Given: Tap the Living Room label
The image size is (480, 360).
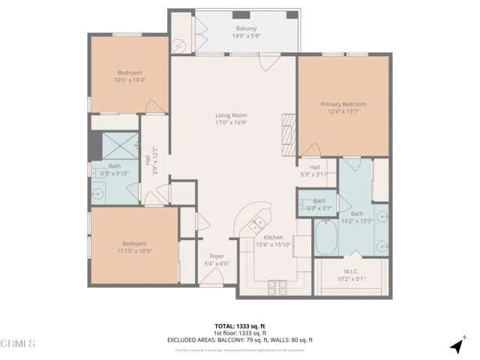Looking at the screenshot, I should coord(231,118).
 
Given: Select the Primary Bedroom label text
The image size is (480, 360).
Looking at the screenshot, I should coord(343,104).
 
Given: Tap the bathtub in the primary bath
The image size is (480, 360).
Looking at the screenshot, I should coord(327,238).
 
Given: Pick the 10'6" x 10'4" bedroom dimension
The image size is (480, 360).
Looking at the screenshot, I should coord(129,79).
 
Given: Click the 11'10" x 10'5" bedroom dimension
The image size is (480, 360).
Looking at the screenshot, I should coord(135,250).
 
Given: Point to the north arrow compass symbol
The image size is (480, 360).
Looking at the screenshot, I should coord(456,346).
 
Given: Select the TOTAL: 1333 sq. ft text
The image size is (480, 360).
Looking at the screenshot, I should coord(240,326).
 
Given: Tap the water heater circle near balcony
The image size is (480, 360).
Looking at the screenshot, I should coord(179,44).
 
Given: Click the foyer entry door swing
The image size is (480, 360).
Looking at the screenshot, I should coord(212,279).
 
